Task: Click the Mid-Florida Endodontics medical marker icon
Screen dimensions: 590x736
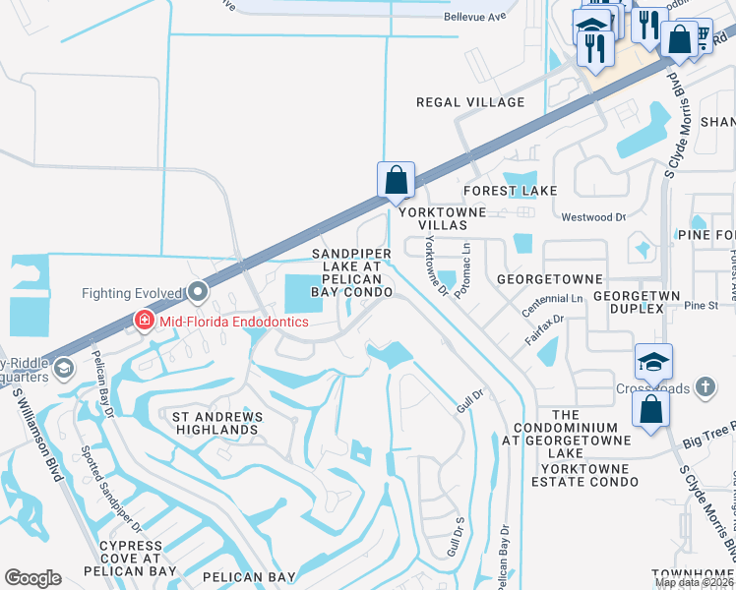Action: coord(144,322)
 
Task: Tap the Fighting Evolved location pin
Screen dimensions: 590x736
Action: coord(199,292)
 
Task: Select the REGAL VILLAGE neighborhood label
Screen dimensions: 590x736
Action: coord(469,102)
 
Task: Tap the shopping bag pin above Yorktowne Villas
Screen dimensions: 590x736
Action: coord(396,181)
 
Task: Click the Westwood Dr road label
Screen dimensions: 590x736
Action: coord(593,217)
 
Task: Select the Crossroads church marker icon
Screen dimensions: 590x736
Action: coord(705,387)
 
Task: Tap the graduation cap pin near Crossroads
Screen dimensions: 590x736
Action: coord(653,362)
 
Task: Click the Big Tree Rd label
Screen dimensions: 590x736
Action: coord(708,431)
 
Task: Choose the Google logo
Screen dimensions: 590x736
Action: coord(32,577)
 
